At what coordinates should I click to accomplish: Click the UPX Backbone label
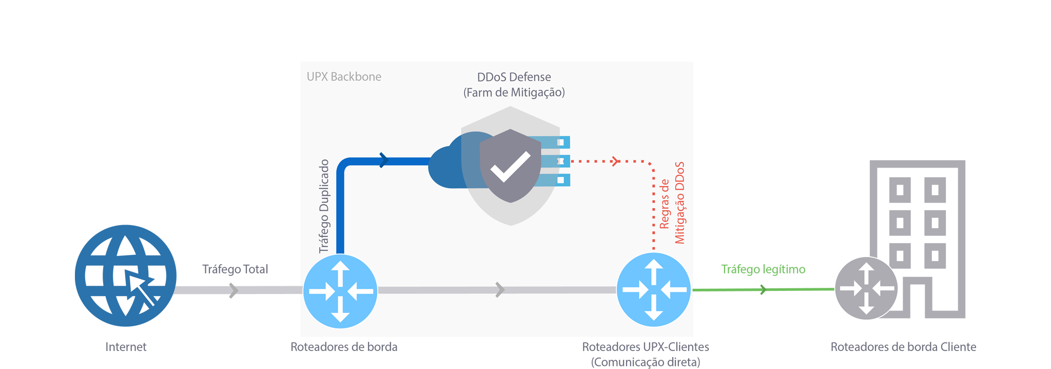click(x=344, y=77)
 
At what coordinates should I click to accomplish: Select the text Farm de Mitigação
click(x=514, y=93)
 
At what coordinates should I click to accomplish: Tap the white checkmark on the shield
click(x=510, y=166)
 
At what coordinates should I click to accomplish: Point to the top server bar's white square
click(x=561, y=142)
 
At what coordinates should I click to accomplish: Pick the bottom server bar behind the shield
click(x=557, y=180)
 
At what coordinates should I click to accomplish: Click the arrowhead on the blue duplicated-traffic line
click(x=383, y=160)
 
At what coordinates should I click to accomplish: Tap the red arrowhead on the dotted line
click(x=615, y=161)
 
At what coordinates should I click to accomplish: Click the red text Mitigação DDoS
click(x=680, y=203)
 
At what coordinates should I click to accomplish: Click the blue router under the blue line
click(x=340, y=291)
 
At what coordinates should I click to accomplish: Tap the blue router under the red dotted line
click(x=653, y=290)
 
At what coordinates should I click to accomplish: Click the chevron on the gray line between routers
click(x=499, y=290)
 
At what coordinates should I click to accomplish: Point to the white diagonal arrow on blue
click(x=142, y=291)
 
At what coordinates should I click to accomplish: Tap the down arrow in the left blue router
click(x=340, y=313)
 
